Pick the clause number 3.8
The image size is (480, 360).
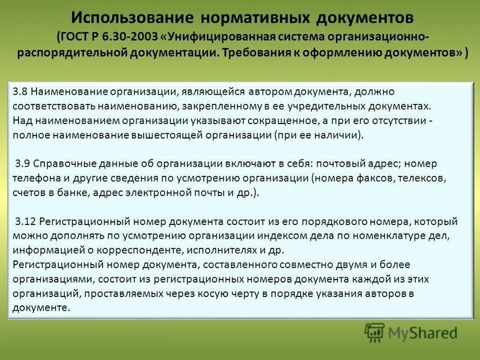point(20,92)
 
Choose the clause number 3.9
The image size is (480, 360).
point(23,164)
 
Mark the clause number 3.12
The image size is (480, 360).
point(26,221)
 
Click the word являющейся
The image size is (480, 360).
point(204,92)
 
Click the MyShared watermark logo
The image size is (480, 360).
point(411,332)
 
